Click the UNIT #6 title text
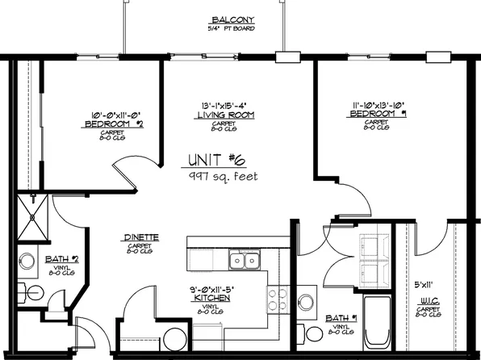coord(219,159)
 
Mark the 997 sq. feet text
coord(223,175)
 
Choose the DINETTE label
coord(140,237)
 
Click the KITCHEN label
coord(213,299)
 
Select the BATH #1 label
coord(340,319)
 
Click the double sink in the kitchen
coord(244,260)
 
